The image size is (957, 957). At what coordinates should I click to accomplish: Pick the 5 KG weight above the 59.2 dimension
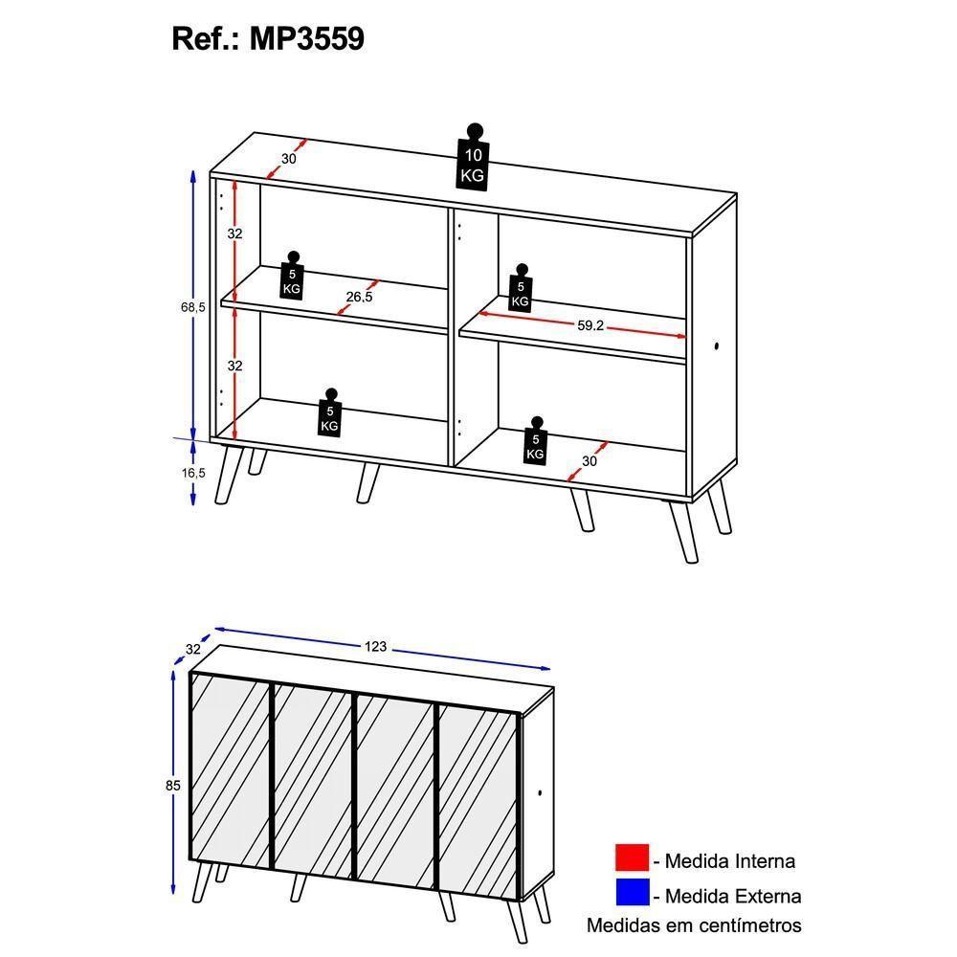pos(520,289)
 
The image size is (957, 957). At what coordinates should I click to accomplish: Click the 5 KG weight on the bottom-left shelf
pos(330,413)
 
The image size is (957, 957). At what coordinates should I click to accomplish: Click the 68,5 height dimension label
pos(192,307)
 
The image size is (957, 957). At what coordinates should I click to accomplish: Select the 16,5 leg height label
pos(194,473)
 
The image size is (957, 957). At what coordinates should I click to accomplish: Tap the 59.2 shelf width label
pos(590,325)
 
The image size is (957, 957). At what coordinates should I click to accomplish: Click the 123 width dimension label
pos(375,647)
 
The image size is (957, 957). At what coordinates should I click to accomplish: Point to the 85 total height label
pos(173,786)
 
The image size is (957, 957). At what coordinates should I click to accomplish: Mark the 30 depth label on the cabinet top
pos(289,159)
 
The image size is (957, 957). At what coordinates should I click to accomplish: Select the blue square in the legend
pos(632,894)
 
